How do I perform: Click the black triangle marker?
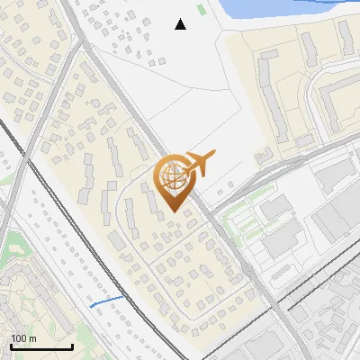[x=180, y=24]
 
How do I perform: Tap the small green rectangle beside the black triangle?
[x=201, y=10]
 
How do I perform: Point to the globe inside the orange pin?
[x=172, y=178]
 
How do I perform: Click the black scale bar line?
[x=41, y=346]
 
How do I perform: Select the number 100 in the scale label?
[x=18, y=338]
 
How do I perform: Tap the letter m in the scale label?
[x=31, y=338]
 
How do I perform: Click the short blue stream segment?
[x=106, y=301]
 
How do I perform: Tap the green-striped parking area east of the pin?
[x=238, y=217]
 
